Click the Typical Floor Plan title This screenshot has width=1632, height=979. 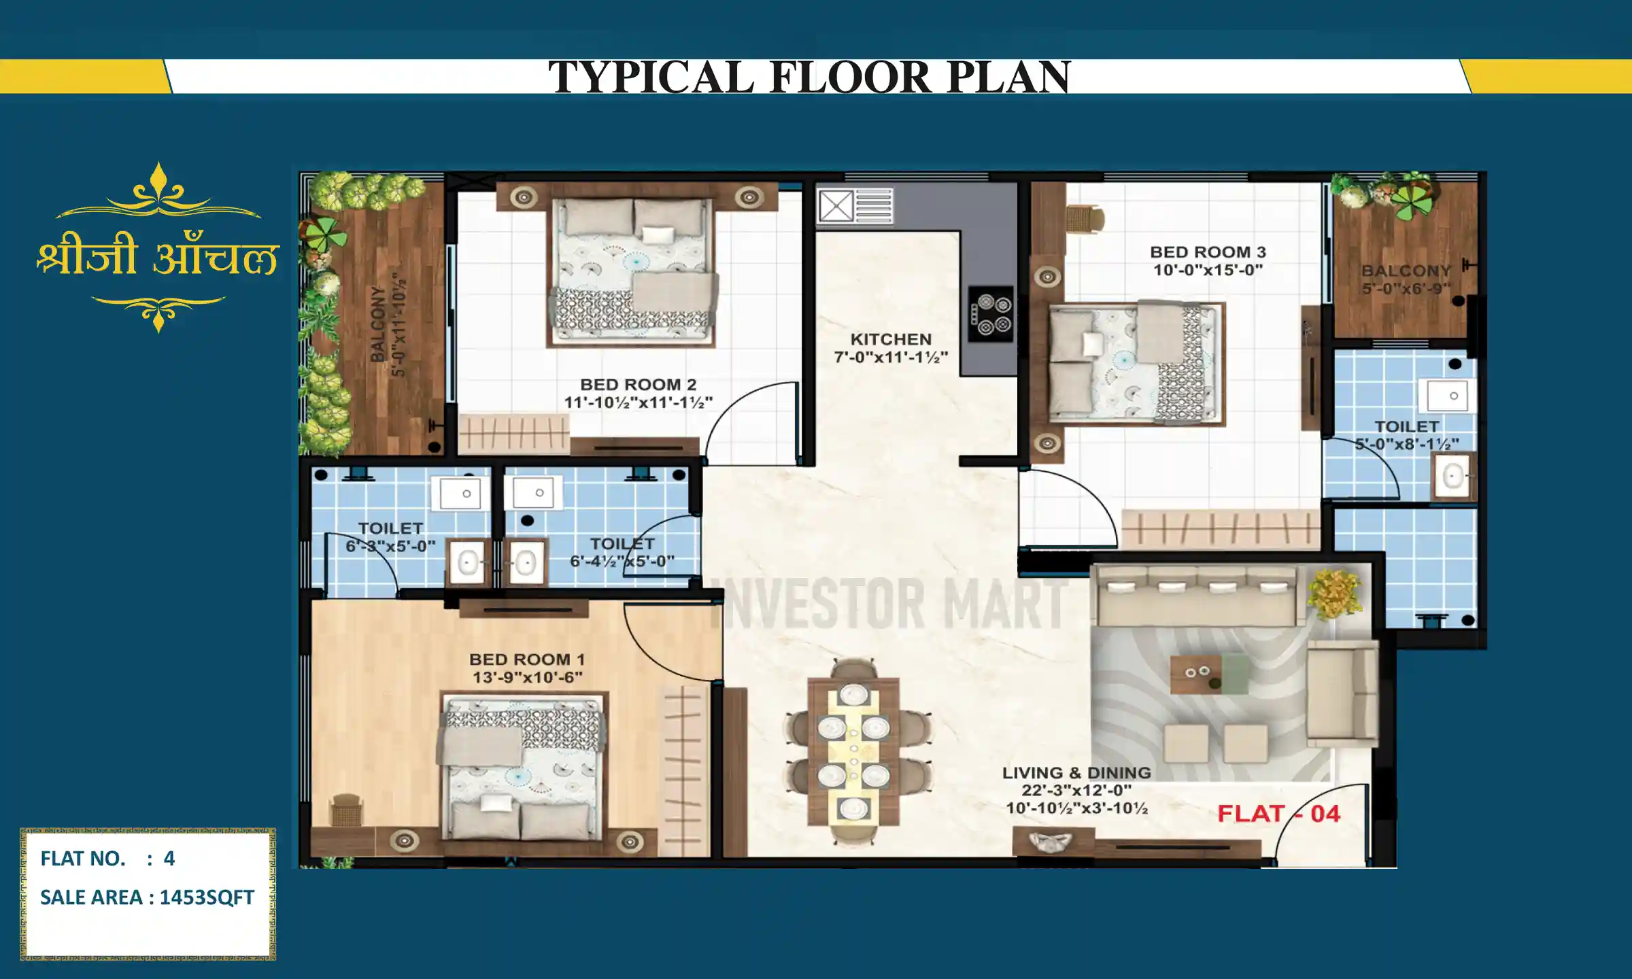pyautogui.click(x=809, y=76)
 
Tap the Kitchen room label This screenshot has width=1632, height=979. pyautogui.click(x=891, y=339)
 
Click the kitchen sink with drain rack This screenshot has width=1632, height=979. pyautogui.click(x=855, y=206)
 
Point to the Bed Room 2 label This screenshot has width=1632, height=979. pyautogui.click(x=638, y=385)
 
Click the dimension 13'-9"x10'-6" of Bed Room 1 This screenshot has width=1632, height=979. pyautogui.click(x=527, y=678)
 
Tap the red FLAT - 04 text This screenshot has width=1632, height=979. pyautogui.click(x=1278, y=814)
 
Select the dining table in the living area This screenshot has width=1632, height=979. pyautogui.click(x=854, y=751)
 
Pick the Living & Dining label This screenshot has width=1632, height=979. pyautogui.click(x=1076, y=773)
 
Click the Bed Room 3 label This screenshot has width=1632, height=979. pyautogui.click(x=1208, y=252)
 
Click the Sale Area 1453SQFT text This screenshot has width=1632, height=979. pyautogui.click(x=147, y=897)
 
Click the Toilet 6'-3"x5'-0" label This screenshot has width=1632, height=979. pyautogui.click(x=390, y=537)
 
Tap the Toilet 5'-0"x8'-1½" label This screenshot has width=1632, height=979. pyautogui.click(x=1407, y=435)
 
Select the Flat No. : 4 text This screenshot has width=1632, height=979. pyautogui.click(x=107, y=859)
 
